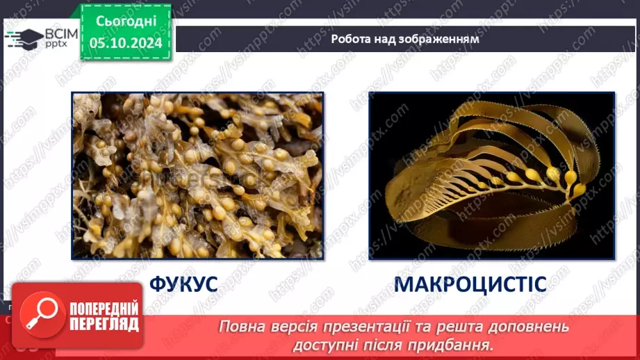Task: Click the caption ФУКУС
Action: point(183,284)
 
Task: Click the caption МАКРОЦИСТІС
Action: point(470,284)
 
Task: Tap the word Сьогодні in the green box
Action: point(126,22)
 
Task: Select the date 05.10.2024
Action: point(126,43)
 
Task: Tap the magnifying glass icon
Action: point(42,314)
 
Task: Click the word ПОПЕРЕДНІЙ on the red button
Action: point(104,309)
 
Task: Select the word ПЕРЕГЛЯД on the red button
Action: point(104,324)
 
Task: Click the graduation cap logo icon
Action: point(24,39)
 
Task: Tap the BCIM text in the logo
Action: point(61,34)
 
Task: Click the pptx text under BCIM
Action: point(56,44)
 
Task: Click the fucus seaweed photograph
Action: point(197,176)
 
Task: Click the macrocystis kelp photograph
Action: point(492,176)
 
